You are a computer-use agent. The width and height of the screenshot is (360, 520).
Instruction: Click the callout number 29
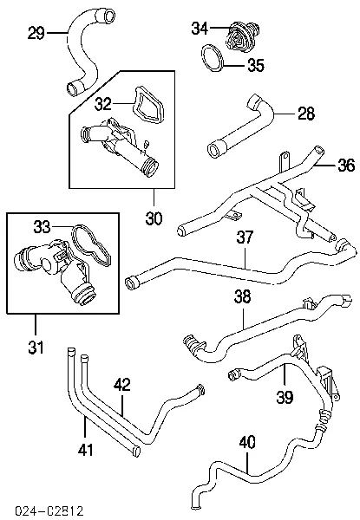point(36,33)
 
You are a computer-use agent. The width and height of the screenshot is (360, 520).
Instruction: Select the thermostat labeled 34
point(241,36)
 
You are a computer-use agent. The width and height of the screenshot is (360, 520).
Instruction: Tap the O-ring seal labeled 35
point(213,59)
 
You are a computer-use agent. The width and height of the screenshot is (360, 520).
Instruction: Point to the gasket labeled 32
point(147,105)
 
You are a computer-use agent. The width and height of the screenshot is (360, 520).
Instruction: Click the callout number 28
point(306,114)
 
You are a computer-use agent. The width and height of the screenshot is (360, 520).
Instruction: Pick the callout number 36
point(346,165)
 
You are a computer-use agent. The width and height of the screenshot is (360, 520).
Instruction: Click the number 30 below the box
point(154,218)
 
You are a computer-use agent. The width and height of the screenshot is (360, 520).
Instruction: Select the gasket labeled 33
point(90,244)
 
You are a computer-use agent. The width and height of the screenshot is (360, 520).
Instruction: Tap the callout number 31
point(36,348)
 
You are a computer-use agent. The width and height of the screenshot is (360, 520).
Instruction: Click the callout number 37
point(245,237)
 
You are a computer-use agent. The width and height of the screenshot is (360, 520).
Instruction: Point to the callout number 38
point(243,296)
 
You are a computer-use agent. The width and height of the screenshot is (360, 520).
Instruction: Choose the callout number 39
point(285,397)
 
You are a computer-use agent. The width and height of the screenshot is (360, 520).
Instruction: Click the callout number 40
point(247,442)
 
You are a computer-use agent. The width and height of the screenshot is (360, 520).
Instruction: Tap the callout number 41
point(86,450)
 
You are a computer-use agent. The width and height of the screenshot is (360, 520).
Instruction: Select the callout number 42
point(122,384)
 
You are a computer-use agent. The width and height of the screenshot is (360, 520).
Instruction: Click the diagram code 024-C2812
point(49,511)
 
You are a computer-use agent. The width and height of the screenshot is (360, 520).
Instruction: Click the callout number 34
point(200,29)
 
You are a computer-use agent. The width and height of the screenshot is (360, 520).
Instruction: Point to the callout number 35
point(256,65)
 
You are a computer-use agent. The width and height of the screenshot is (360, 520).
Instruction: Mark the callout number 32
point(103,104)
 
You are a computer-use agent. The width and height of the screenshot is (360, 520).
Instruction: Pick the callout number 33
point(42,227)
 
